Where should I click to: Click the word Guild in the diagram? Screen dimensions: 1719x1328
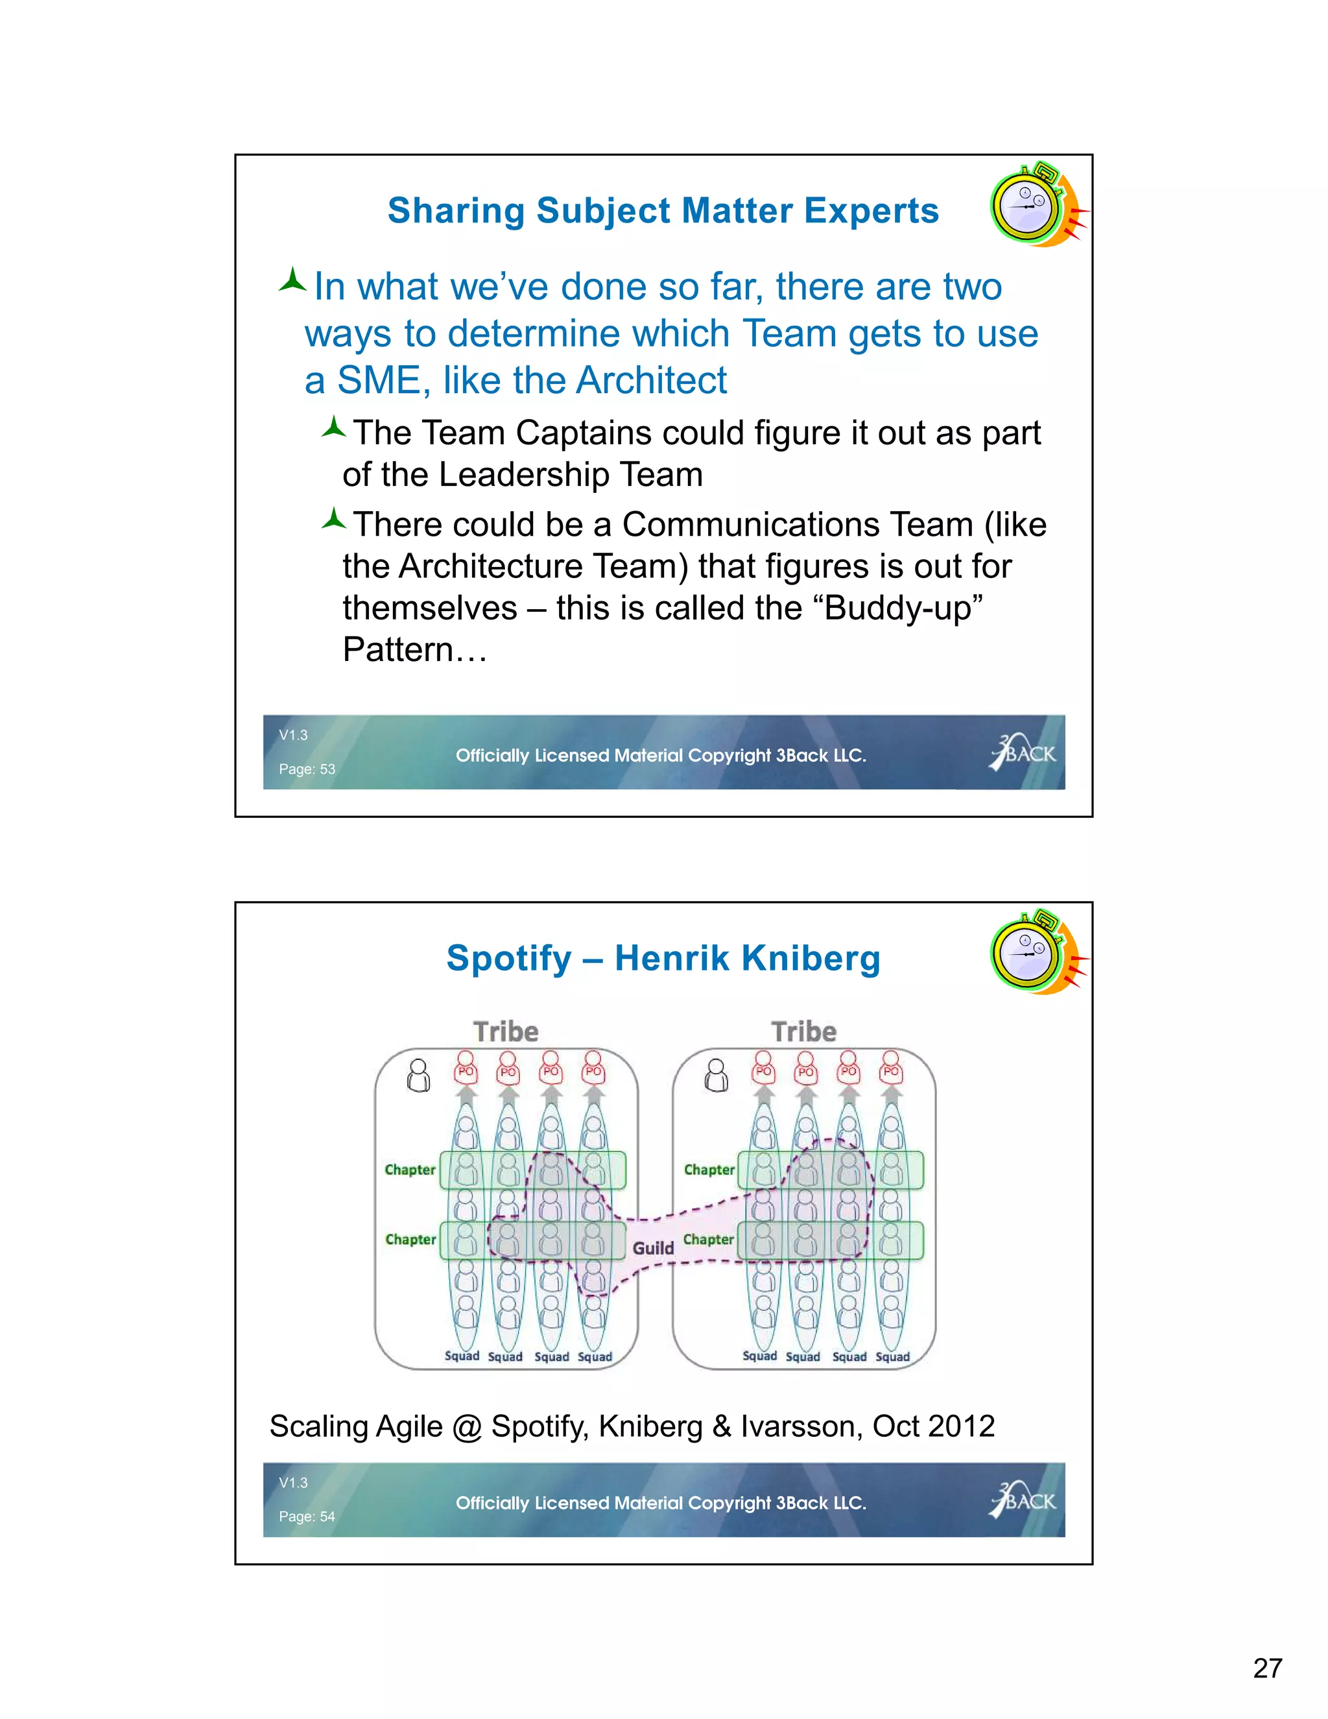(653, 1247)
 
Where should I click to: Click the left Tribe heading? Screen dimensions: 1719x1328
(506, 1031)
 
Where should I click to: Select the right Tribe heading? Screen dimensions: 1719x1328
(803, 1031)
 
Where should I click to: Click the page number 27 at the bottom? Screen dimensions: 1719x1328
(1268, 1667)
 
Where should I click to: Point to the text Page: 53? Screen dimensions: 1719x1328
(307, 769)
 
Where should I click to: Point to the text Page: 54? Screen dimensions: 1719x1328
(307, 1516)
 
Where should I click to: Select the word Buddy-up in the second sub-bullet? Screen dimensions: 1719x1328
(903, 608)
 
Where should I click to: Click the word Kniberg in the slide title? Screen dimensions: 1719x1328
(811, 959)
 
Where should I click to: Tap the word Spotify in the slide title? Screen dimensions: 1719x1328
(509, 959)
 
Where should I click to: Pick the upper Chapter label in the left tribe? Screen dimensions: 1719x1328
(410, 1170)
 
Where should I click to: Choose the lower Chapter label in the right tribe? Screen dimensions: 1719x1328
(708, 1239)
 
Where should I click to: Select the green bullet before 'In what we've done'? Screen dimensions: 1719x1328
(292, 281)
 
